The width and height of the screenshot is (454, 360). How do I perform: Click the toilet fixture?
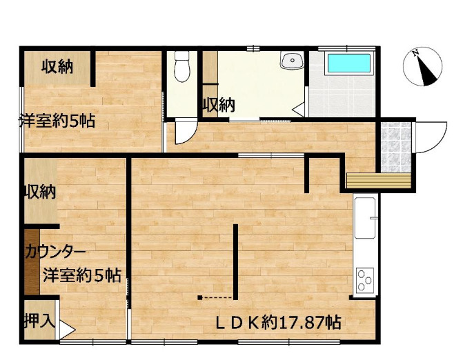point(182,66)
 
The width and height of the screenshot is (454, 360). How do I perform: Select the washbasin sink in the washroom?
point(292,60)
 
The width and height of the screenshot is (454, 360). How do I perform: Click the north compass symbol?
point(423,67)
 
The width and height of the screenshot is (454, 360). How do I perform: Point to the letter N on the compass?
point(416,53)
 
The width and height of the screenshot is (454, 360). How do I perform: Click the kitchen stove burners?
point(364,279)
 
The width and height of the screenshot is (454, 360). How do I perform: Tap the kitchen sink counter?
point(366,218)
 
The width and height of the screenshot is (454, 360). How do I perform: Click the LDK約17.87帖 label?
point(279,322)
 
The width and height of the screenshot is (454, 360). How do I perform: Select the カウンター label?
point(55,252)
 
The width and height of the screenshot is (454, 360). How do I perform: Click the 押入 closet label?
point(39,321)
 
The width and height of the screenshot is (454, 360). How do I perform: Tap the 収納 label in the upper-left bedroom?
point(57,67)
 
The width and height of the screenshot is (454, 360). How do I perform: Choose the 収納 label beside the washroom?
point(218,105)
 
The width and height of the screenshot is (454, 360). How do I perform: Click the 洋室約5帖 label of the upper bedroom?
point(57,121)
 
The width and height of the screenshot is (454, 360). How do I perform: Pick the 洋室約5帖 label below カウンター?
point(82,275)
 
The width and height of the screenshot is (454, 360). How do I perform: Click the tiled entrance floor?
point(396,147)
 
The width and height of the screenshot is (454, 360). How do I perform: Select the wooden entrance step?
point(379,180)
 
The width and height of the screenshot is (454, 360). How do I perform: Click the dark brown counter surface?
point(32,262)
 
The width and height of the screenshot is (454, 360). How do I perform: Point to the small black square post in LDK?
point(199,297)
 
